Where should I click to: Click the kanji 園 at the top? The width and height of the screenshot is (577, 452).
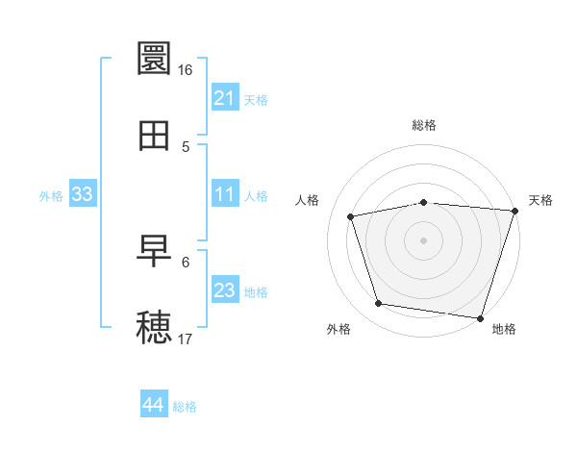click(x=154, y=59)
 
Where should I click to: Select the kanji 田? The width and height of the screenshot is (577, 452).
click(x=154, y=136)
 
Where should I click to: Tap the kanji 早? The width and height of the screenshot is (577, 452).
click(x=154, y=251)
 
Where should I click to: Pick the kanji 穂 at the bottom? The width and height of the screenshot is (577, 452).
click(x=154, y=328)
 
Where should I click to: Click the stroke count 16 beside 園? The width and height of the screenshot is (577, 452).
click(x=186, y=70)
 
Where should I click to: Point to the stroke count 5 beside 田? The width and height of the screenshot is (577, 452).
click(x=186, y=146)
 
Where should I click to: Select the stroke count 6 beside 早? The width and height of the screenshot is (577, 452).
click(x=186, y=262)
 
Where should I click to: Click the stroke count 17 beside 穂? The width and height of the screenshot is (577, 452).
click(x=186, y=339)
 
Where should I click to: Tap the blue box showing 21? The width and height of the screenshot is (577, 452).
click(x=225, y=98)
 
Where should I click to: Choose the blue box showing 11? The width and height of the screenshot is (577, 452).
click(x=225, y=194)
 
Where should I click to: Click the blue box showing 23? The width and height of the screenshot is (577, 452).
click(x=225, y=290)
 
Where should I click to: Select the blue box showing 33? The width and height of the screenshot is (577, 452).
click(x=83, y=194)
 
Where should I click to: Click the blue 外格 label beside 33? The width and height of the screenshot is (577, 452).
click(x=51, y=195)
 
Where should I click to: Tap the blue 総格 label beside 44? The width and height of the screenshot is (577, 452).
click(x=185, y=407)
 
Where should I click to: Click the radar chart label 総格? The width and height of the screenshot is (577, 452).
click(x=423, y=126)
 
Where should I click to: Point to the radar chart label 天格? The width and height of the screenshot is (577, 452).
click(x=541, y=200)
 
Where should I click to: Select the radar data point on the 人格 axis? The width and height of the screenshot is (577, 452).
click(x=351, y=216)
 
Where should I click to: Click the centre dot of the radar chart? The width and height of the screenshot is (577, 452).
click(x=423, y=239)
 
